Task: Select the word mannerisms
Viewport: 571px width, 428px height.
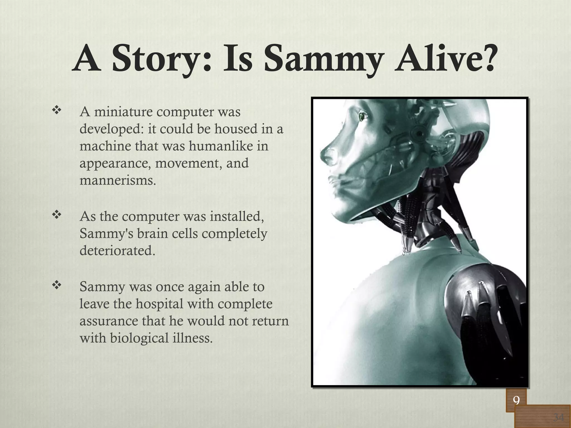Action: [118, 181]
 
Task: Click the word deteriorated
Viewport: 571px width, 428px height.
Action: [117, 251]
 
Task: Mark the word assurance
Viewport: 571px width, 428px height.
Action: [109, 321]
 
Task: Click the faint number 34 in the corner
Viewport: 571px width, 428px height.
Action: [558, 417]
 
